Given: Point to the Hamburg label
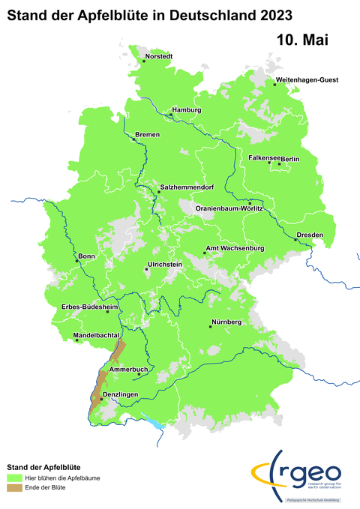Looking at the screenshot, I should [187, 110].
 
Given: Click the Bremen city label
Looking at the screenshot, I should [148, 134].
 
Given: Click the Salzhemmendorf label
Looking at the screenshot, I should [192, 187].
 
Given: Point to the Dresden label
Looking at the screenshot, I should [310, 235].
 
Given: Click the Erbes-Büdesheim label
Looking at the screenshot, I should [91, 307].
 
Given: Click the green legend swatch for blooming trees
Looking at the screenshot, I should [15, 478].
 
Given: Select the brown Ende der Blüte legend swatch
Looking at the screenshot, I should [15, 488].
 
